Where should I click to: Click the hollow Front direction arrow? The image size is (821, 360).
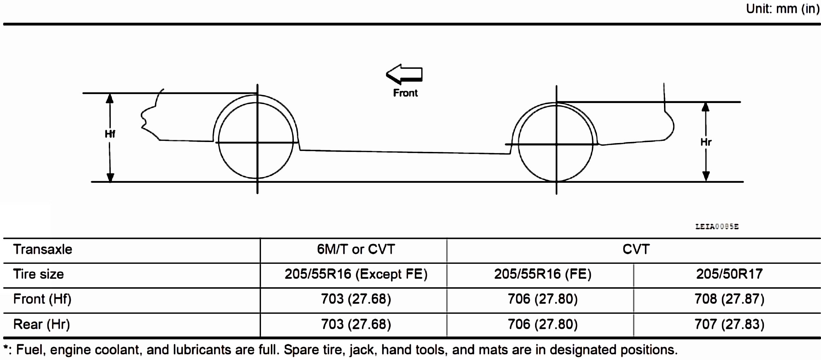click(404, 74)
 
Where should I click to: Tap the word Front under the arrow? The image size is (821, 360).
click(405, 93)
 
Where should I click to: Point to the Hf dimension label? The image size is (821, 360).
click(110, 134)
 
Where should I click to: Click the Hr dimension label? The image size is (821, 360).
click(706, 142)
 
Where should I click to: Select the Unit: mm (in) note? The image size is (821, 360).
click(783, 9)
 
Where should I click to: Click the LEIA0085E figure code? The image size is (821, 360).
click(717, 227)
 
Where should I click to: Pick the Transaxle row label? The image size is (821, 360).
click(43, 249)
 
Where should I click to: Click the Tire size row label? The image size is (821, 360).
click(38, 274)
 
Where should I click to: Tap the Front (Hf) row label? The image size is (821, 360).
click(42, 299)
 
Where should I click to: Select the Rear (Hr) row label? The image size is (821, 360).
click(41, 324)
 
